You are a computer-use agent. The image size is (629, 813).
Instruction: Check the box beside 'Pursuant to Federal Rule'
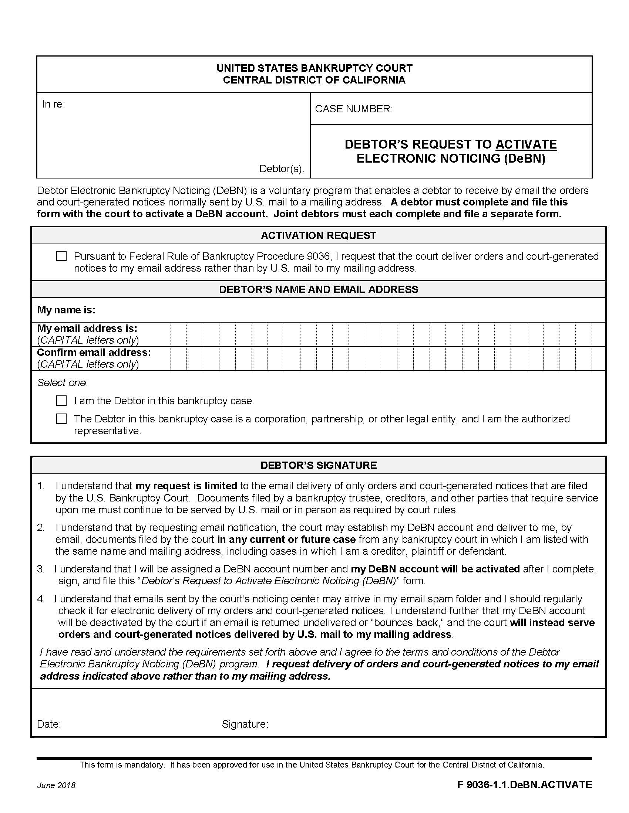click(61, 256)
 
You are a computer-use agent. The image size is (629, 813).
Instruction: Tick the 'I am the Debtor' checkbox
click(61, 401)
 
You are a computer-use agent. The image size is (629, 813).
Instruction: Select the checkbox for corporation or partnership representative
click(61, 419)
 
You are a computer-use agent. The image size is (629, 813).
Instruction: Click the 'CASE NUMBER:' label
click(354, 109)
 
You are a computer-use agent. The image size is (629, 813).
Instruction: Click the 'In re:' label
click(53, 104)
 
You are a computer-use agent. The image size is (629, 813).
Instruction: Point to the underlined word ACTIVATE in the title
click(526, 144)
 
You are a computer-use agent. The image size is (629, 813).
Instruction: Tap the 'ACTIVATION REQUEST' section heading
click(318, 236)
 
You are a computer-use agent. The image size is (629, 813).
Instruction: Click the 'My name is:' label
click(66, 310)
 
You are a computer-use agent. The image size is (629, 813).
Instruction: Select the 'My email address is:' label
click(87, 328)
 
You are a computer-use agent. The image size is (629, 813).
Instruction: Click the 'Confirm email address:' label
click(94, 352)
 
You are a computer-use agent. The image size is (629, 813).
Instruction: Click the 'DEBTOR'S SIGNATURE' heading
click(318, 465)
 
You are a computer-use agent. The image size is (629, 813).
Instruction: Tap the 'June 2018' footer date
click(56, 785)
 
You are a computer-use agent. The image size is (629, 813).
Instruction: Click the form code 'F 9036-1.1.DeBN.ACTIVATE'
click(524, 785)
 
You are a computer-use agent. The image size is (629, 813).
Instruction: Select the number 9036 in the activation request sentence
click(318, 256)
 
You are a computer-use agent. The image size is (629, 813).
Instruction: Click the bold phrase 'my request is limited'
click(186, 486)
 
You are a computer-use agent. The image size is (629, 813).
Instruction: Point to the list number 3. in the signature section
click(41, 569)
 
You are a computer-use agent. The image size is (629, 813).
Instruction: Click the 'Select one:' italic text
click(62, 383)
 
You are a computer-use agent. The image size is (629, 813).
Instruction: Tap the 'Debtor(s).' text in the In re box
click(281, 169)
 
